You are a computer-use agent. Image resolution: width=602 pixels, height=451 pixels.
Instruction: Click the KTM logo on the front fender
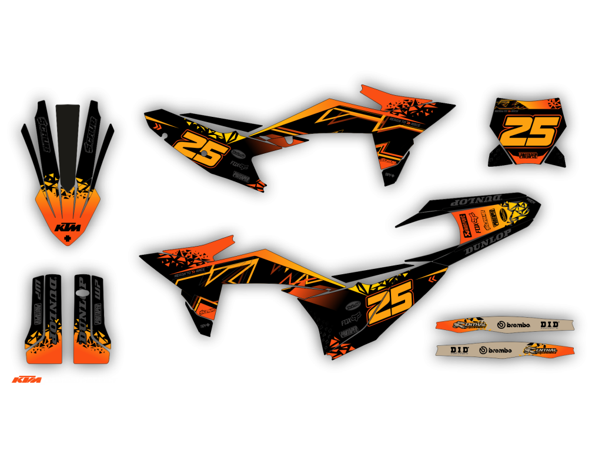pos(68,227)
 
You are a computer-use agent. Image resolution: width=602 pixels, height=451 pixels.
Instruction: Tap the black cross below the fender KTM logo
pos(68,238)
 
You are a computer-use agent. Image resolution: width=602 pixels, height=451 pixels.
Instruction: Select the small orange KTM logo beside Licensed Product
pos(27,380)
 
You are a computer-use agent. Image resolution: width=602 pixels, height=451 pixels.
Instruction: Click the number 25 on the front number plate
pos(529,131)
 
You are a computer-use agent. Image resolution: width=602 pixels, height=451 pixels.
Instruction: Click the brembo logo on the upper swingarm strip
pos(513,325)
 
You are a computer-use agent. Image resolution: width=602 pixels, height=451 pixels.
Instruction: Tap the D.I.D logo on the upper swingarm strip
pos(550,324)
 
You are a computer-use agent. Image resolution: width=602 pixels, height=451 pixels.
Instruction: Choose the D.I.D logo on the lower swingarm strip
pos(460,350)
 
